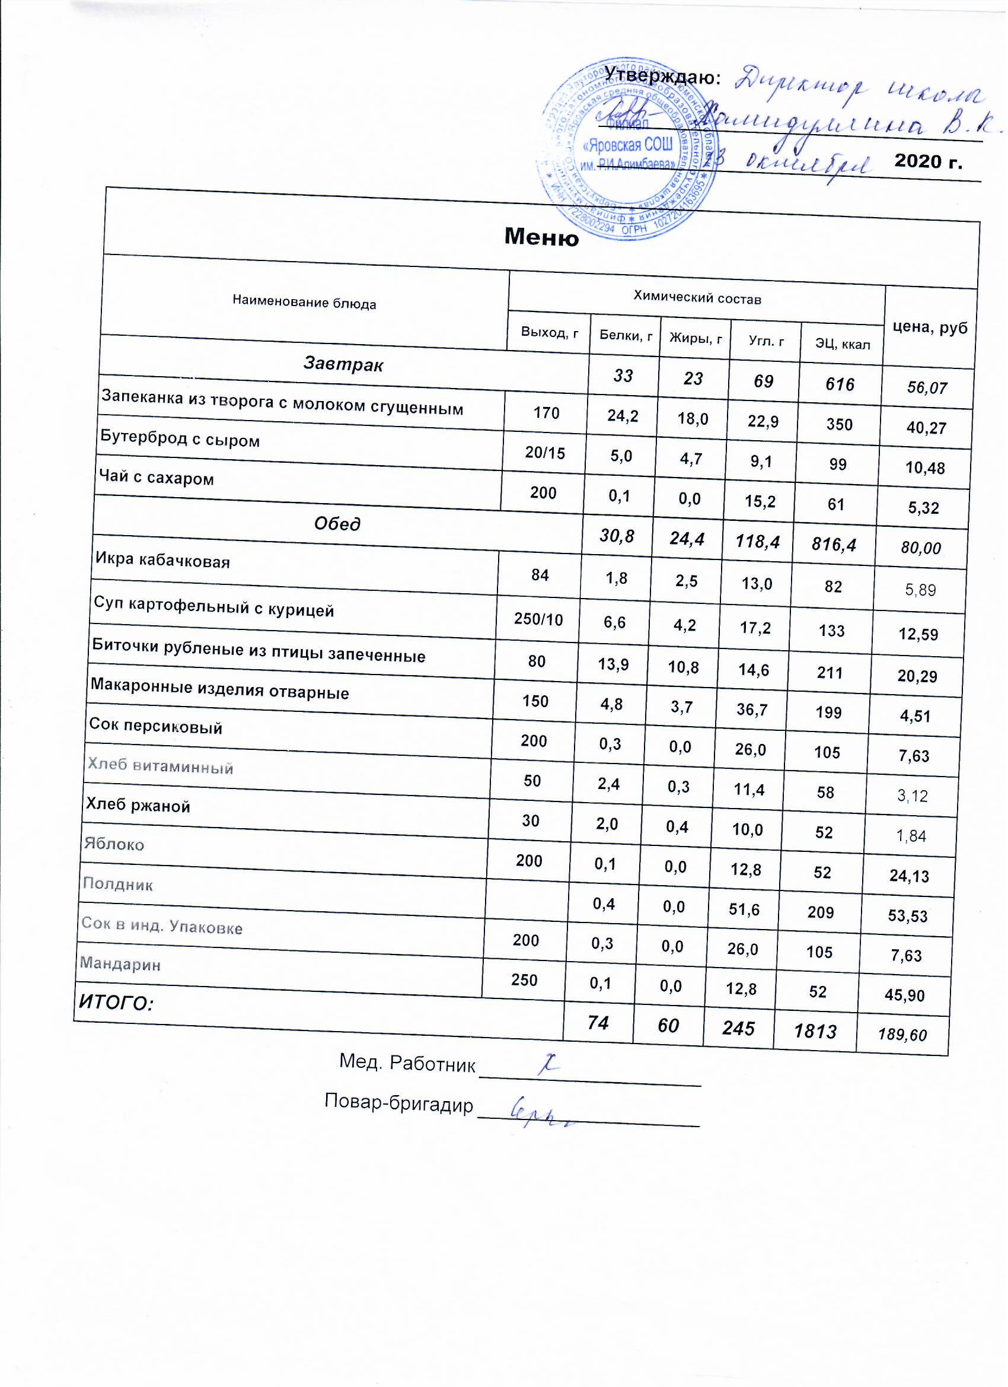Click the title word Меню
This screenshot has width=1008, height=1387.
(541, 236)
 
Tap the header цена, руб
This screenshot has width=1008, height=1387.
(930, 328)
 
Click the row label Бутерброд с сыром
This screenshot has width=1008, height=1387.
(180, 439)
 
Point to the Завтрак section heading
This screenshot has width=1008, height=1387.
(343, 365)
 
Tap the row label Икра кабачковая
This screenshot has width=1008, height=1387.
(162, 560)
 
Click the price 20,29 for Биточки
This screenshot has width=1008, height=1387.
(917, 676)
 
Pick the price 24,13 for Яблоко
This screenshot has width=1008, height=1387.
(910, 876)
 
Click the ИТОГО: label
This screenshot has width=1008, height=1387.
(114, 1003)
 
